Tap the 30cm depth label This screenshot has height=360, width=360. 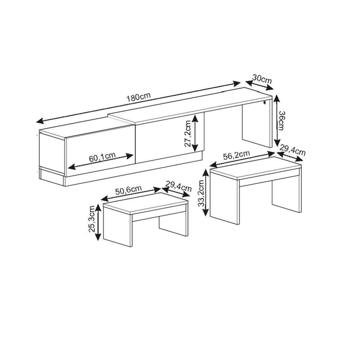(x=262, y=78)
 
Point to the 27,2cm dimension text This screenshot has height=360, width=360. (x=188, y=134)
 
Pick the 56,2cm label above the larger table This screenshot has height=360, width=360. (x=237, y=155)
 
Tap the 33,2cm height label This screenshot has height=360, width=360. (x=202, y=191)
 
